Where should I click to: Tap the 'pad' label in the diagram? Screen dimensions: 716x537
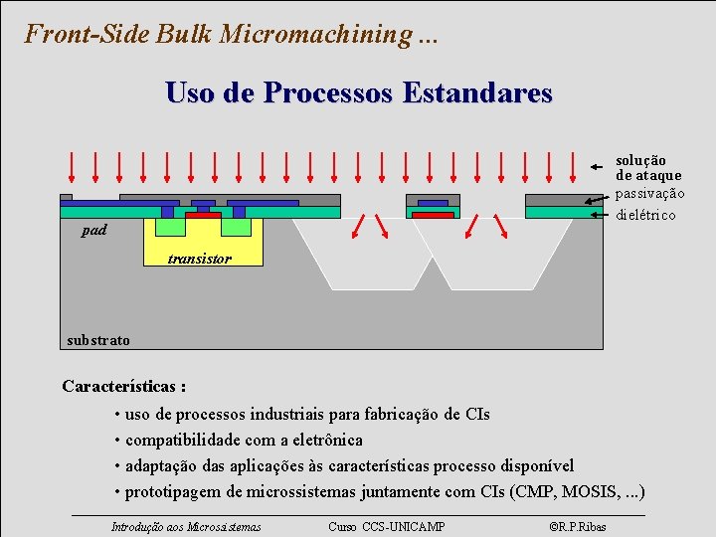tap(95, 231)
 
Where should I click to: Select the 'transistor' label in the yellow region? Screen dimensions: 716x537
tap(199, 259)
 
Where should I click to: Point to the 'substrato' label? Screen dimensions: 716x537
tap(97, 340)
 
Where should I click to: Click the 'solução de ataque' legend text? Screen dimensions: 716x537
tap(647, 167)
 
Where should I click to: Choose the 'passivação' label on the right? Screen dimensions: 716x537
tap(649, 193)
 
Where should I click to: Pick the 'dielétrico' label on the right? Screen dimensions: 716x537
tap(645, 215)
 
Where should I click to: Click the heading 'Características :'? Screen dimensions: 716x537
tap(123, 386)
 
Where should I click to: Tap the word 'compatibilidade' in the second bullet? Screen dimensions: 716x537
tap(184, 440)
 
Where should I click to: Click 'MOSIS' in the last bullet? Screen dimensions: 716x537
tap(592, 491)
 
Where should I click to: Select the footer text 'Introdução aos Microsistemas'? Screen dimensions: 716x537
tap(186, 526)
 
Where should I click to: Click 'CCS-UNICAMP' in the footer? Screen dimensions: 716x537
tap(403, 526)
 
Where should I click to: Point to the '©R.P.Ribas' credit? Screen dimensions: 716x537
tap(578, 526)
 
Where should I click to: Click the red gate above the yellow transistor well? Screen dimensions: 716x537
tap(203, 215)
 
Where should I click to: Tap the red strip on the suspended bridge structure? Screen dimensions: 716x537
tap(433, 215)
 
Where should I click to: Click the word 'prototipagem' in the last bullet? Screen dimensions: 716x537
tap(174, 491)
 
